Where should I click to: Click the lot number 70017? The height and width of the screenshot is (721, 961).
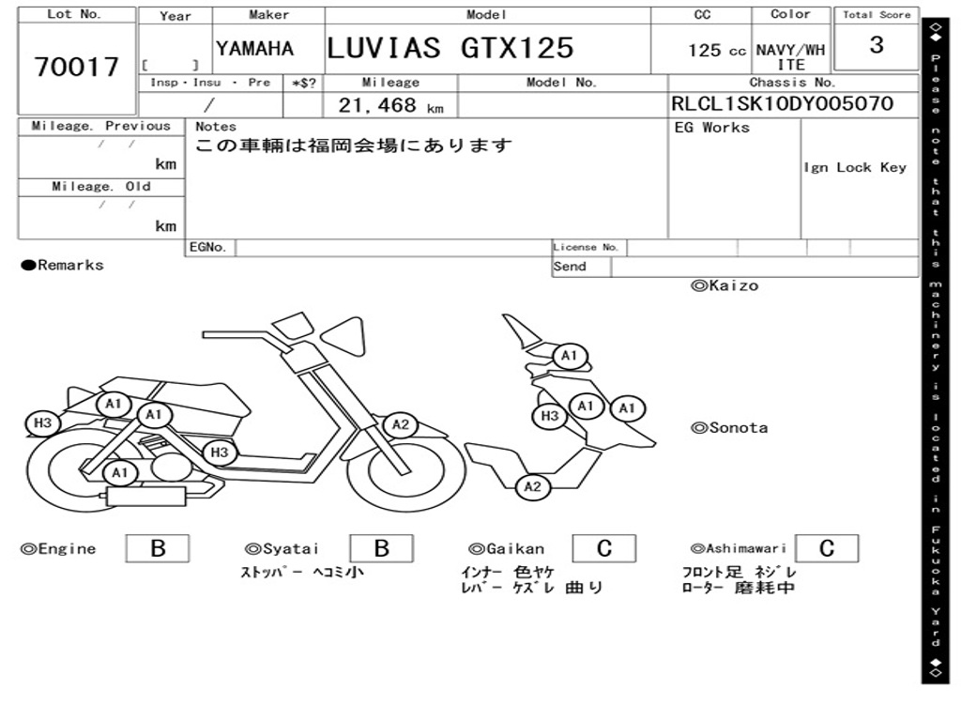click(77, 67)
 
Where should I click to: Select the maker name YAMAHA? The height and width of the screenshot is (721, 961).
click(255, 49)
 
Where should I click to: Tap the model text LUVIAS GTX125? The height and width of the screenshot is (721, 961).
click(450, 48)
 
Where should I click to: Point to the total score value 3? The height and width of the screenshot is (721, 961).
click(877, 45)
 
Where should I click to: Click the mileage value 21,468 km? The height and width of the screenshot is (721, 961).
click(391, 105)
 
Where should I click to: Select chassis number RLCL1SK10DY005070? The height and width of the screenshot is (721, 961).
click(783, 103)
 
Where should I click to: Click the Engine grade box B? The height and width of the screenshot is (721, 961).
click(158, 548)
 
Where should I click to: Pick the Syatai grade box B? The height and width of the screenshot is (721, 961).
click(381, 548)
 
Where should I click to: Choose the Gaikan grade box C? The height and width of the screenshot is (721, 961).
click(604, 548)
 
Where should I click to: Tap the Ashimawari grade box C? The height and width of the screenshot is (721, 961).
click(827, 548)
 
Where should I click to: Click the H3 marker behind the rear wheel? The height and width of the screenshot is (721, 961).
click(43, 423)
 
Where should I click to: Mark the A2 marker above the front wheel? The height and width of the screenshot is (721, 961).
click(401, 424)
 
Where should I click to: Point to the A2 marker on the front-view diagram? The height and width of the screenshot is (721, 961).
click(533, 487)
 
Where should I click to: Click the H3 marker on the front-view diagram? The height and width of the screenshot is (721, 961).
click(550, 416)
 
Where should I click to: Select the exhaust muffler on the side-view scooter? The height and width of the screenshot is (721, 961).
click(146, 496)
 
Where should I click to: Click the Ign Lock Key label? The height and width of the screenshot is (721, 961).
click(855, 167)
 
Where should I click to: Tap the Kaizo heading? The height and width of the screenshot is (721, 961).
click(725, 285)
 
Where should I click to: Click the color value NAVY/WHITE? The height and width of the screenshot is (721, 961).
click(790, 57)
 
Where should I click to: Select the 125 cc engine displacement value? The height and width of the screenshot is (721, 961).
click(716, 51)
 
